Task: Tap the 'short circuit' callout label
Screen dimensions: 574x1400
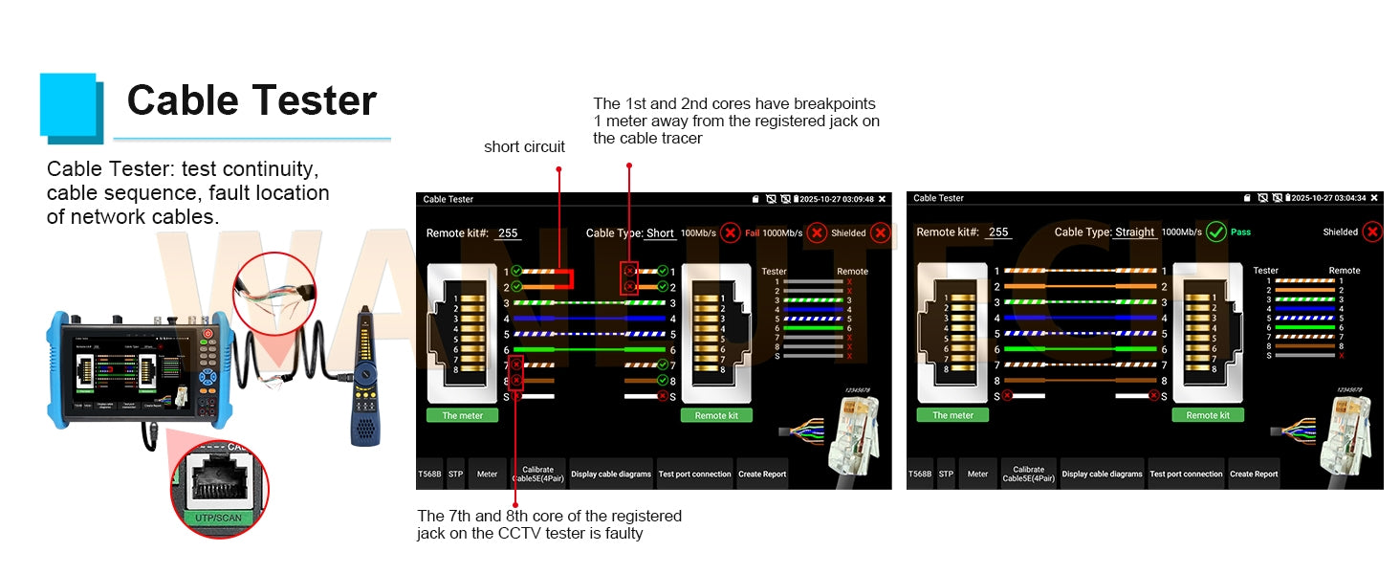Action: click(x=524, y=147)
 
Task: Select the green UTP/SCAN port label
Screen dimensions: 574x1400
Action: click(x=219, y=518)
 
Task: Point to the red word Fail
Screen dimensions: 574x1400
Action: click(x=752, y=233)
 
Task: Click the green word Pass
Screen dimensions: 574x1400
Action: click(x=1240, y=232)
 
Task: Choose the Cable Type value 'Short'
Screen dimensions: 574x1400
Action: click(x=660, y=233)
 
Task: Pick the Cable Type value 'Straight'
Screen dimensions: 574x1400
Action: click(x=1134, y=232)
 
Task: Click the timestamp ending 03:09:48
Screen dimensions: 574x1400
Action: click(x=837, y=199)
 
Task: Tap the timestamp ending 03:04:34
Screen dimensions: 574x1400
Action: click(x=1328, y=198)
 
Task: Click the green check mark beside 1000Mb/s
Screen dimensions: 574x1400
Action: click(x=1215, y=232)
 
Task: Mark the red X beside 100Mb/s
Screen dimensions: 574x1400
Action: click(x=730, y=232)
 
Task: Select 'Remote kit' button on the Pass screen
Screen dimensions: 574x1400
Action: click(x=1208, y=415)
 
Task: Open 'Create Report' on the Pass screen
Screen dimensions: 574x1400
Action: click(x=1254, y=474)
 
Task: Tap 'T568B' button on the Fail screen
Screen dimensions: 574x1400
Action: click(x=428, y=474)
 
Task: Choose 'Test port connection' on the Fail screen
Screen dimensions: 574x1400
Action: click(x=694, y=474)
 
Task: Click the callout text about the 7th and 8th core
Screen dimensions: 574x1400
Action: click(x=549, y=524)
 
